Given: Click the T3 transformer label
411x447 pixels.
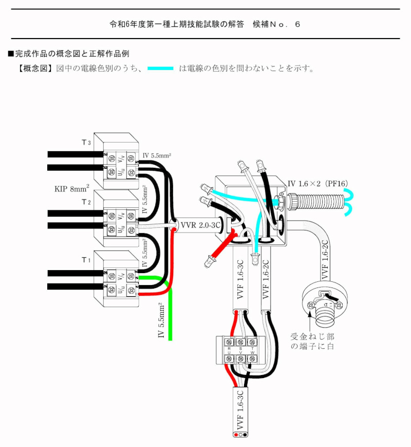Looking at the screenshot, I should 86,142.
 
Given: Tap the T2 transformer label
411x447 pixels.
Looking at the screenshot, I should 86,202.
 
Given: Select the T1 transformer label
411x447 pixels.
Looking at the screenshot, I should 86,260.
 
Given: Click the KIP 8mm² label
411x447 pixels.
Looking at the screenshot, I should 71,188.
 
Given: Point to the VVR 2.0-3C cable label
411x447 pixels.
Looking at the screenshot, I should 201,224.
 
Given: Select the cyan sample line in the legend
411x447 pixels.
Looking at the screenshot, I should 160,68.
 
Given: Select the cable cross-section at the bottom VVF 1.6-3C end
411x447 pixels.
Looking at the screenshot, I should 240,434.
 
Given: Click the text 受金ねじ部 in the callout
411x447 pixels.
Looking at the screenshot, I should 312,336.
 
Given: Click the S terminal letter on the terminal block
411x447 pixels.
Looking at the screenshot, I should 240,348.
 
